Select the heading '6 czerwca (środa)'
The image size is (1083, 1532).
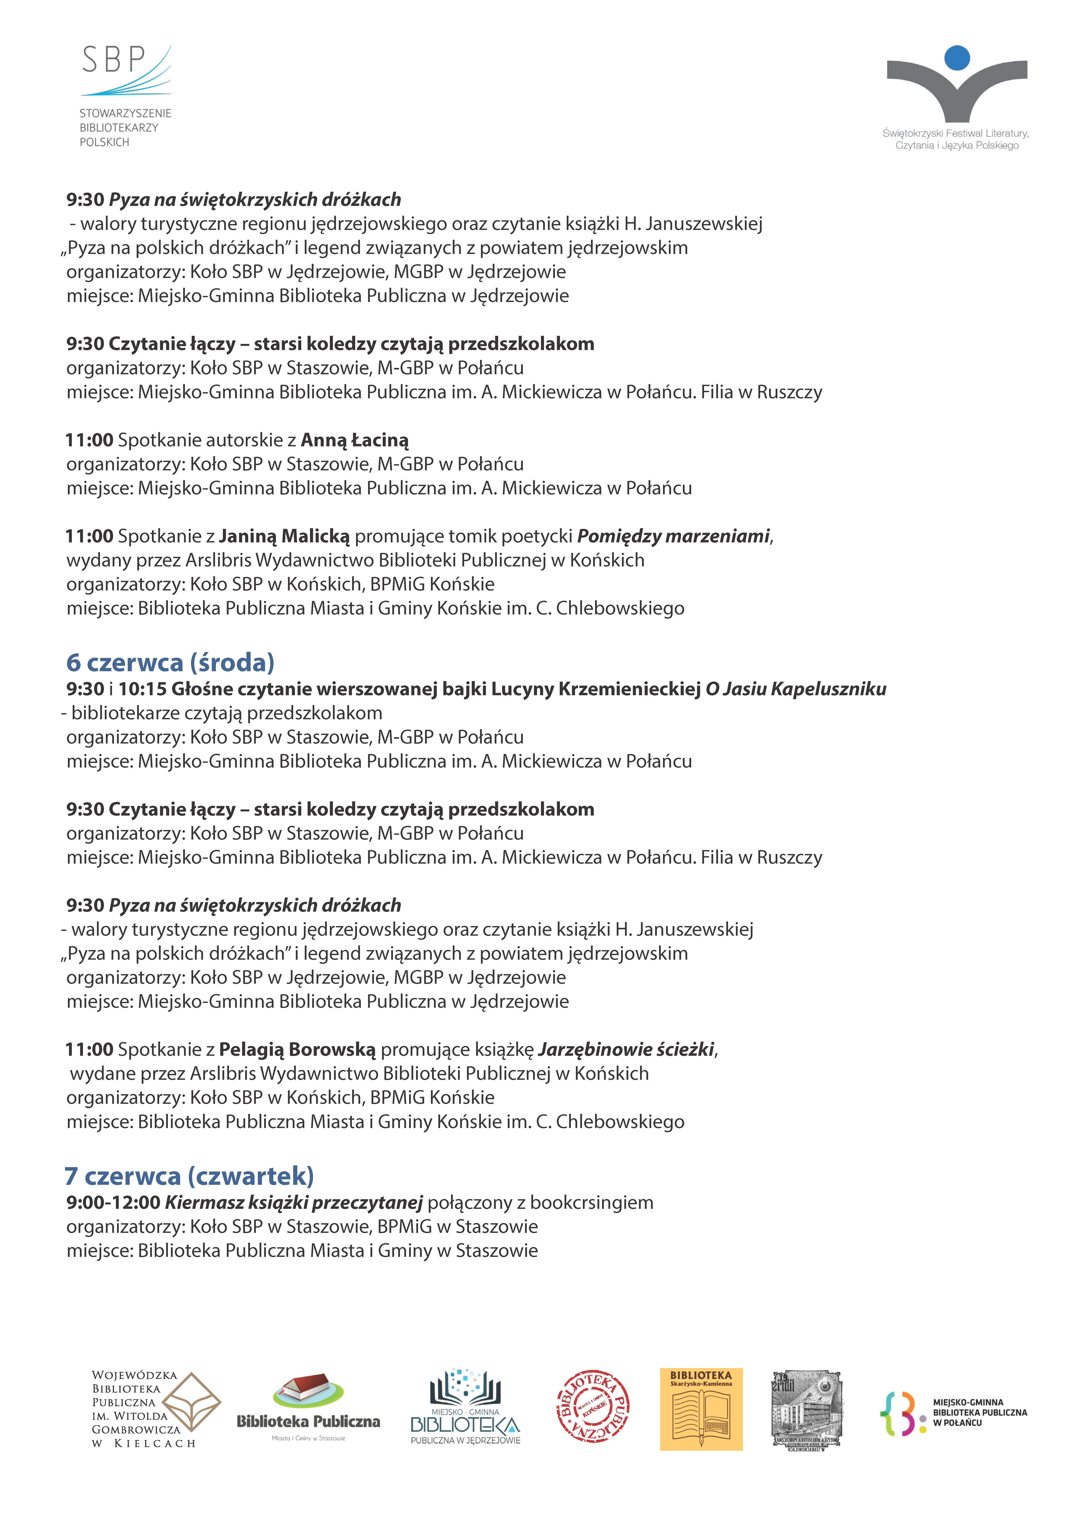pyautogui.click(x=170, y=662)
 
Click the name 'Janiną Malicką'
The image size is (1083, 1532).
pyautogui.click(x=284, y=537)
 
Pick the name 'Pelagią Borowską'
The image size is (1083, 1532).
pyautogui.click(x=297, y=1050)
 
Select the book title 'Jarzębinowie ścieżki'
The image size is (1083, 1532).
pyautogui.click(x=626, y=1050)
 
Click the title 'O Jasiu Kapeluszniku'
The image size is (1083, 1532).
pyautogui.click(x=796, y=689)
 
